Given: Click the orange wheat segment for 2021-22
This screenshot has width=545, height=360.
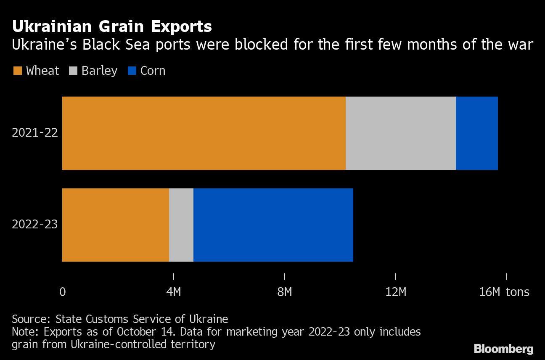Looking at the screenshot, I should pos(204,133).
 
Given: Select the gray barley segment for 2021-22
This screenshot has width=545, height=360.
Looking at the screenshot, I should pos(400,133).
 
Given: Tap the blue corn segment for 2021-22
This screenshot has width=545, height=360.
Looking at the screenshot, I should pos(476,133).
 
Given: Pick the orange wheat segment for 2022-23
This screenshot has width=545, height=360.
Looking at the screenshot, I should pos(116,225).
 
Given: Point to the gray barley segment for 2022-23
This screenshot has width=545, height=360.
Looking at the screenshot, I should pos(181,225).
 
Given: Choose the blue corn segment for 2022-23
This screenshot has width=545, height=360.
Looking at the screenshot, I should pos(273,225).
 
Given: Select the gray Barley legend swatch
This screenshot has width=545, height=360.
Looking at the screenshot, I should pos(72,71).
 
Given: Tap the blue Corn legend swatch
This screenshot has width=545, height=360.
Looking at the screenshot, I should pos(132,71).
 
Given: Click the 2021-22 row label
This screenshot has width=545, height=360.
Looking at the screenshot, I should pos(35,133).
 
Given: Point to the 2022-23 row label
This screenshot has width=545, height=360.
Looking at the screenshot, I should pos(35,225).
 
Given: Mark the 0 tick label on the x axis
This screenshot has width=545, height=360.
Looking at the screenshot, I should pos(63,292).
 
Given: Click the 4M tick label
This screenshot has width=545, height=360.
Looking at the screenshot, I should pos(174,292).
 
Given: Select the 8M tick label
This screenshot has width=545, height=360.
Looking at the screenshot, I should pos(285,292).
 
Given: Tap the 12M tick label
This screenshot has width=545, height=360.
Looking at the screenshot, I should pos(396,292).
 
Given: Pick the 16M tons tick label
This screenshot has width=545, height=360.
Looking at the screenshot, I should pos(504,292).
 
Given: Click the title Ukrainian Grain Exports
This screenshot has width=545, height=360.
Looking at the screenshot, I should pos(112,27).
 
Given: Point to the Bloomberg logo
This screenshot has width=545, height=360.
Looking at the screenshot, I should pos(504,349).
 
